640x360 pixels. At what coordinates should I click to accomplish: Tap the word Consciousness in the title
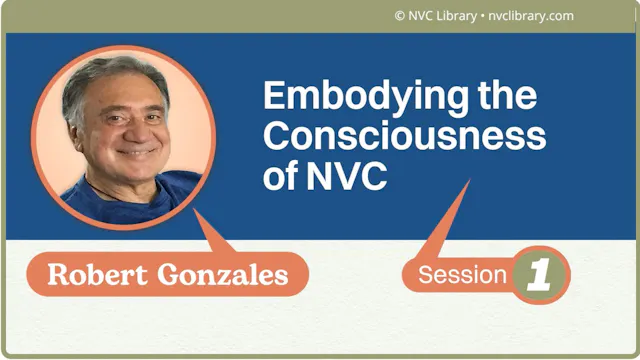(404, 136)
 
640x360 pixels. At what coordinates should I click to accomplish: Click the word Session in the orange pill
(462, 275)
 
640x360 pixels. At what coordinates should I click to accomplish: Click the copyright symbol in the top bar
(400, 16)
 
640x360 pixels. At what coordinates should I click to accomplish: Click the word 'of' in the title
(281, 176)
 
